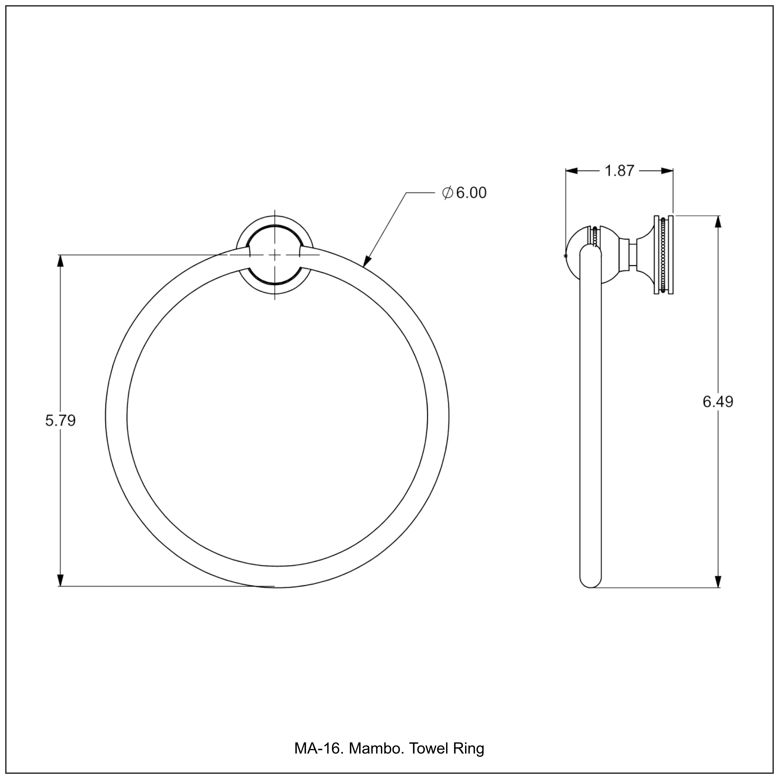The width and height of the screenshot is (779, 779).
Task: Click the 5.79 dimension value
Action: tap(61, 421)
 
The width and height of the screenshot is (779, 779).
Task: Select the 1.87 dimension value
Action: tap(620, 171)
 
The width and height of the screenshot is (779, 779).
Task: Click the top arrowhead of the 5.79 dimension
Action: tap(61, 261)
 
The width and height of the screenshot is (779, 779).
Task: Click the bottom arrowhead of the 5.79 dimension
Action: tap(61, 579)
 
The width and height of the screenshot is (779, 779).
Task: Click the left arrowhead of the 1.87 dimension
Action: tap(572, 171)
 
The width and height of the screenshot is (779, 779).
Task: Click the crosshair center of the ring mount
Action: tap(274, 255)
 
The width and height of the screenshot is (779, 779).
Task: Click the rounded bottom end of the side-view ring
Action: tap(591, 583)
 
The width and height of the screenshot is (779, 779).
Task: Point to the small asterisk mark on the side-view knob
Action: tap(565, 256)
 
